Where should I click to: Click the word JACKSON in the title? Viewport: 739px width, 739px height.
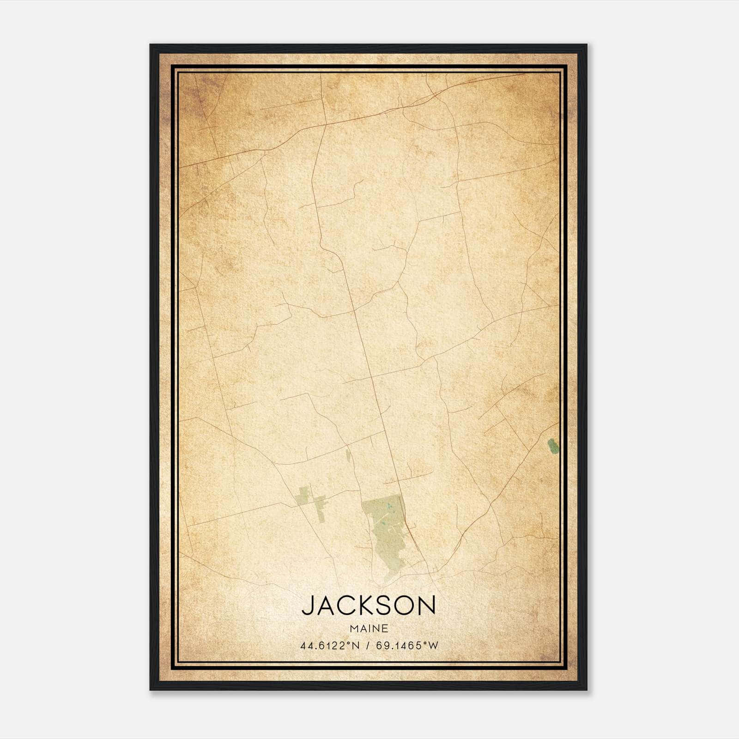pos(369,605)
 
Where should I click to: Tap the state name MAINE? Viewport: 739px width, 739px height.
pos(369,629)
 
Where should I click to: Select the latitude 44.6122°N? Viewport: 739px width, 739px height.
pos(330,646)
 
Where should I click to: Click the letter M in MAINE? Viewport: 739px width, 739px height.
pos(354,629)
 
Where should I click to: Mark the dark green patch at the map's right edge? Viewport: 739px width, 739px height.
pos(552,446)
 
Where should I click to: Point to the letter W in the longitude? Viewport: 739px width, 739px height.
pos(433,646)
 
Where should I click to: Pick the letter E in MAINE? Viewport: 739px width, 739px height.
pos(385,629)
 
